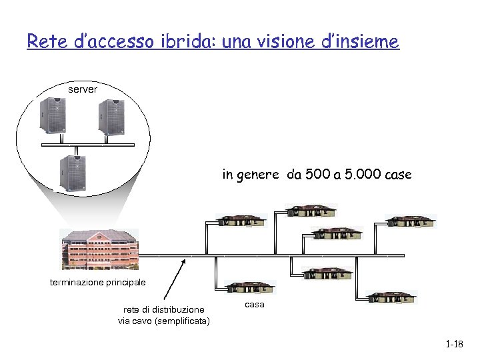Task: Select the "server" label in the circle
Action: tap(83, 89)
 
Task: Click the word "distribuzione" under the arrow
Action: tap(178, 309)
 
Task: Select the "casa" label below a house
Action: tap(255, 304)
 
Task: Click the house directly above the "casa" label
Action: tap(249, 287)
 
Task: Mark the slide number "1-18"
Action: tap(454, 344)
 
